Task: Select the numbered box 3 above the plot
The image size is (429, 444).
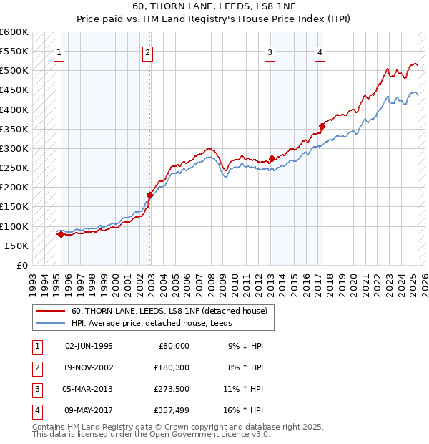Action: pos(270,52)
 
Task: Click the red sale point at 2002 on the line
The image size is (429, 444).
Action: pos(150,195)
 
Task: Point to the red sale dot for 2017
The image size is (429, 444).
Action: pos(322,126)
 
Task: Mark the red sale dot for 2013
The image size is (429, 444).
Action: pos(272,158)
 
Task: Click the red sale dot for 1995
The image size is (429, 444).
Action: pos(61,234)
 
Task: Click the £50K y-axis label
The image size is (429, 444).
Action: pos(16,246)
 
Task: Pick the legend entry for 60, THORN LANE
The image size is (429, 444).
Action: pos(169,311)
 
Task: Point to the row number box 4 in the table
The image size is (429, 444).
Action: pos(35,410)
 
